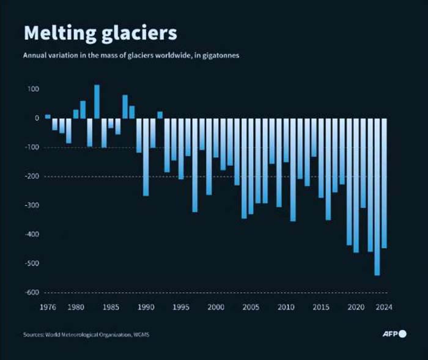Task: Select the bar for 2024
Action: pyautogui.click(x=385, y=183)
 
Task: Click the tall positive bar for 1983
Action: pyautogui.click(x=97, y=101)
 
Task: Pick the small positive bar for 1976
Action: pyautogui.click(x=48, y=116)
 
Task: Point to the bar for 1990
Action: pyautogui.click(x=146, y=157)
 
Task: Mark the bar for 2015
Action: pyautogui.click(x=321, y=158)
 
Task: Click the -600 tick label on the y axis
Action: pyautogui.click(x=31, y=292)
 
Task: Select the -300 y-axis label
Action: pyautogui.click(x=31, y=205)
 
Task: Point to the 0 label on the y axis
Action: pyautogui.click(x=37, y=118)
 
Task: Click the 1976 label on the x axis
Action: pyautogui.click(x=48, y=307)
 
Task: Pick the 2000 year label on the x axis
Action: pyautogui.click(x=216, y=307)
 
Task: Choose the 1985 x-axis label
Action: pyautogui.click(x=111, y=307)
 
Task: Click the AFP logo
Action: pyautogui.click(x=395, y=333)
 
